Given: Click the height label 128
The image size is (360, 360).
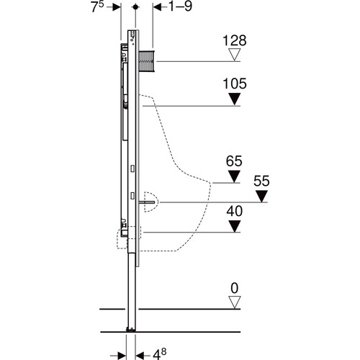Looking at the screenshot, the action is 235,40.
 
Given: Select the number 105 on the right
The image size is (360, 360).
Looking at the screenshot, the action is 235,84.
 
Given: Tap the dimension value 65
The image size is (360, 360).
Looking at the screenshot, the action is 234,161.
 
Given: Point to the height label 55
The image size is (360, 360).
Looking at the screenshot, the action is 261,181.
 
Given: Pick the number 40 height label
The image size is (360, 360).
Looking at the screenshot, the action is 235,211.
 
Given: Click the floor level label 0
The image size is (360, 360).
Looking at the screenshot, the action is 235,288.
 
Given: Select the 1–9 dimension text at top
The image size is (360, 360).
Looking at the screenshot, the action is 181,6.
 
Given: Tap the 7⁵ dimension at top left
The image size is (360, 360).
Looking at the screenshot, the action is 97,6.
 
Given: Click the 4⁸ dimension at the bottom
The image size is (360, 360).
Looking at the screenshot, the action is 160,354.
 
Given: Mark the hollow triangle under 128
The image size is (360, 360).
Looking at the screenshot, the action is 235,55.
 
